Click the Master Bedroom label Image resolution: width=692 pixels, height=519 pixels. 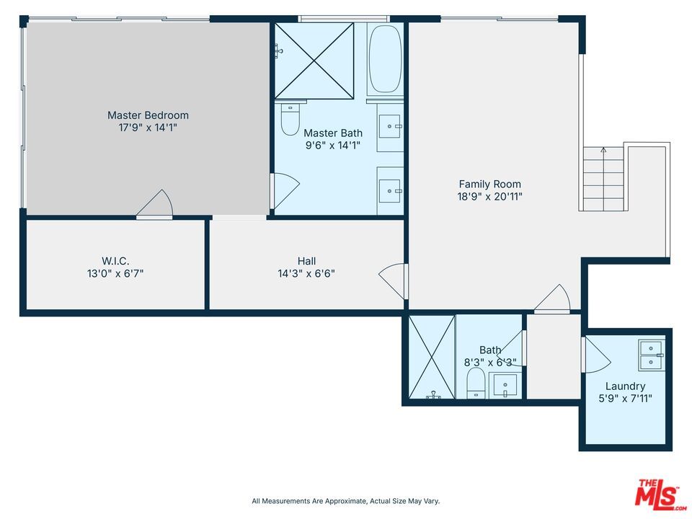(x=148, y=115)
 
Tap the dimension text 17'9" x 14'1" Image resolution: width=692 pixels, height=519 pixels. (x=148, y=128)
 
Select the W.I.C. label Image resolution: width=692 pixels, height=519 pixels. (x=115, y=261)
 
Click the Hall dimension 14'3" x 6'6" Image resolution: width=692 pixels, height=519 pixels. (x=306, y=273)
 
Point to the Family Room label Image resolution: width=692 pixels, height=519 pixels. (x=489, y=185)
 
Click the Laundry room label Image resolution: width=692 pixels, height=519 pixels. (x=625, y=386)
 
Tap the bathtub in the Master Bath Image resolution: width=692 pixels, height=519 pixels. (x=385, y=59)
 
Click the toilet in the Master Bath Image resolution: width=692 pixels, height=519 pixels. (x=290, y=120)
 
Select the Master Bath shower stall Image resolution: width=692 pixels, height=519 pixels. (x=315, y=61)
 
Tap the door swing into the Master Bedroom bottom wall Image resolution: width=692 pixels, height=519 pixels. (x=156, y=205)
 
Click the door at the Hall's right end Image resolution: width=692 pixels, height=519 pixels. (x=394, y=280)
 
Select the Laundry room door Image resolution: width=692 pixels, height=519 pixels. (x=595, y=355)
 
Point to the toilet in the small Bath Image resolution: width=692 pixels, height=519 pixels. (x=476, y=383)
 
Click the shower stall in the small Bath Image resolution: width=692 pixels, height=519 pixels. (x=432, y=357)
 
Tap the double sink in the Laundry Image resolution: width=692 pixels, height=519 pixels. (x=651, y=354)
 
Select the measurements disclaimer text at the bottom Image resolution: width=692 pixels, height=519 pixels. (x=345, y=501)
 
